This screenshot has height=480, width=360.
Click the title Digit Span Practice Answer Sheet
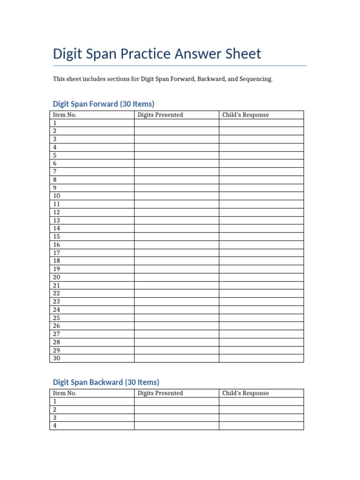(x=157, y=54)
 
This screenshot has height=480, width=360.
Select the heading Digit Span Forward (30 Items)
(x=104, y=104)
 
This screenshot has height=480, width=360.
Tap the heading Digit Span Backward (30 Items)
(x=106, y=382)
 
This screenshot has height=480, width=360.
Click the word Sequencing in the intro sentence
(x=256, y=79)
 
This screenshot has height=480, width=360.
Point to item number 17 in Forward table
(x=57, y=253)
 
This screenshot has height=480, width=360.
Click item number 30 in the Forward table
(x=57, y=358)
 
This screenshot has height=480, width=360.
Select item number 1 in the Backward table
(x=55, y=401)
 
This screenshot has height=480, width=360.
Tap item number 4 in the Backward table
(x=55, y=426)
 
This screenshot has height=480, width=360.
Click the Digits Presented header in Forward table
(x=160, y=115)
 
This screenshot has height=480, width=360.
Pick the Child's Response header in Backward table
(x=246, y=393)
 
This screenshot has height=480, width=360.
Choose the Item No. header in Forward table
(x=65, y=115)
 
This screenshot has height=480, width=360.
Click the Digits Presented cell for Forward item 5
(x=176, y=155)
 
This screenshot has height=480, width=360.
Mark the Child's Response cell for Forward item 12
(x=261, y=212)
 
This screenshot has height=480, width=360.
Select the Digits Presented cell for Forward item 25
(x=176, y=318)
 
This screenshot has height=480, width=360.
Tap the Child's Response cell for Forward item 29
(x=261, y=350)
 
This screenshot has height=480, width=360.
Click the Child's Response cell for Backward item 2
(x=261, y=409)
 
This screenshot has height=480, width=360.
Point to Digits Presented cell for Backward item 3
(x=176, y=418)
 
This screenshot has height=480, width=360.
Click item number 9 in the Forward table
(x=55, y=187)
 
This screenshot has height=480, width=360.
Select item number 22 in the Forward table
(x=57, y=293)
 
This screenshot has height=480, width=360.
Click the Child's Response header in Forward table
(x=246, y=115)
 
